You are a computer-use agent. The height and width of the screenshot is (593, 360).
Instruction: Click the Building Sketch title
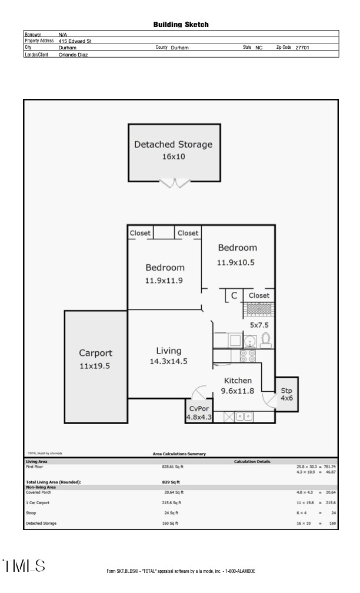181,25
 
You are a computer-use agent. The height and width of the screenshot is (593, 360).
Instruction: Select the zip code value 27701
302,48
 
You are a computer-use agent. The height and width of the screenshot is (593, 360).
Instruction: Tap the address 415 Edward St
75,41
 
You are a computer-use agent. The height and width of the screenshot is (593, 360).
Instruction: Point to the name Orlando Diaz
74,54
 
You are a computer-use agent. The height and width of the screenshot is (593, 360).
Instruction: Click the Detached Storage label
173,144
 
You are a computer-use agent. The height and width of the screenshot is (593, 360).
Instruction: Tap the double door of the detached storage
175,184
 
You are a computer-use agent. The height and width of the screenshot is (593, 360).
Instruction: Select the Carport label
95,353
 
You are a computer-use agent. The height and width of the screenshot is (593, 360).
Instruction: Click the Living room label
168,351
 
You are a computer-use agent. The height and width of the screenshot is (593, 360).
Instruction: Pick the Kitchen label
238,381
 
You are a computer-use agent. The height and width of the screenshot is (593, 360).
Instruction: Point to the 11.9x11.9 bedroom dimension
164,281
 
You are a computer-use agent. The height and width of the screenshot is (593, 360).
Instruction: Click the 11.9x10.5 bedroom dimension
236,262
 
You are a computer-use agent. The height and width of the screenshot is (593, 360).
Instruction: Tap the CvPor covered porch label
199,408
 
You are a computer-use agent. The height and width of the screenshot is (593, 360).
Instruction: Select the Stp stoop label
286,391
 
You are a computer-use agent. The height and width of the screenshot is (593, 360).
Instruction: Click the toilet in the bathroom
265,339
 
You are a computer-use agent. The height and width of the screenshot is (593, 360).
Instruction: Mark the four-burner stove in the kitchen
247,355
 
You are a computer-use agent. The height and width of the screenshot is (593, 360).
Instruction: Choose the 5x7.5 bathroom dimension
259,325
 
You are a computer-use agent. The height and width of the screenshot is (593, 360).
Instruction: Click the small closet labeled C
234,295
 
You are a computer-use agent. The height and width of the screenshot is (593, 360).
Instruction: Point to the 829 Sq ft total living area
170,482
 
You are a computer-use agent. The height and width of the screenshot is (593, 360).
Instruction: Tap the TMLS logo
24,566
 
